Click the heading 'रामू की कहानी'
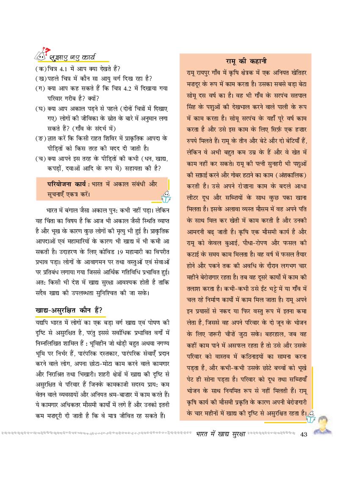tap(246, 61)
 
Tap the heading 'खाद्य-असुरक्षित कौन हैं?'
tap(69, 311)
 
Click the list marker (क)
tap(41, 69)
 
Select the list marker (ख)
tap(41, 78)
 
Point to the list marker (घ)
tap(41, 108)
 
